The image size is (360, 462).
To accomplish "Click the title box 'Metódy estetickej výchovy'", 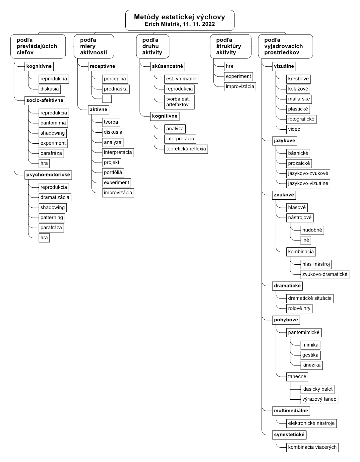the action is click(x=180, y=20).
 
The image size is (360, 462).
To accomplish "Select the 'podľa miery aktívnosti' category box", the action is click(x=94, y=46).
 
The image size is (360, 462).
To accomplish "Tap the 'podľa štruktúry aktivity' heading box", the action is click(x=231, y=46).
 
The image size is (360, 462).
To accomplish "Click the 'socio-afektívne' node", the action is click(x=45, y=100).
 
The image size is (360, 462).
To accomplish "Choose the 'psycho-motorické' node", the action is click(x=48, y=175).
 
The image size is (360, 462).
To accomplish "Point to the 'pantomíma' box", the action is click(x=53, y=123).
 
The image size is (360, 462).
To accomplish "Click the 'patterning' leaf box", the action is click(x=52, y=218).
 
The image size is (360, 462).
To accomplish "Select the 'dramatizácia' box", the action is click(x=55, y=198).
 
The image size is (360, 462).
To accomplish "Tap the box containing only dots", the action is click(x=107, y=99).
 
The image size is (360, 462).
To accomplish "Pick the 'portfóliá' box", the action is click(x=113, y=173).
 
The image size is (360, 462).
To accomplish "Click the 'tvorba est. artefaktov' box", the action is click(x=179, y=102).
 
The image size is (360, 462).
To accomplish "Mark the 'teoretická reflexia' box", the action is click(x=186, y=149).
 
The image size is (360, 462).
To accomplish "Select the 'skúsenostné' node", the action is click(x=167, y=66).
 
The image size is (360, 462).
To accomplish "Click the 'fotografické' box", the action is click(x=301, y=119).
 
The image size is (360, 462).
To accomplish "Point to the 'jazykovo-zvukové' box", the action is click(x=308, y=173).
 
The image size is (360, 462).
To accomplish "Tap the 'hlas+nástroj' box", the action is click(x=316, y=264).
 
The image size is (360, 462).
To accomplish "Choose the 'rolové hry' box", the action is click(x=299, y=308).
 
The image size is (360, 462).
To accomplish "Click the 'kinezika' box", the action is click(x=311, y=365).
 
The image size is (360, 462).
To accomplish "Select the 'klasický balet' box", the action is click(x=318, y=389).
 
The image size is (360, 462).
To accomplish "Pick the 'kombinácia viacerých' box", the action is click(x=312, y=447).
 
